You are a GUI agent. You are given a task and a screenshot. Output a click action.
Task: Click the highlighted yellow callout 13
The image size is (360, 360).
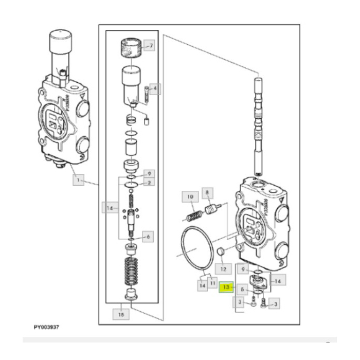tap(226, 289)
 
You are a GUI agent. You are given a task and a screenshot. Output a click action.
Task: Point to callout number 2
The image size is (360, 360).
tap(149, 182)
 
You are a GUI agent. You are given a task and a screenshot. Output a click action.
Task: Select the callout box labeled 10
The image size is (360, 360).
tap(190, 196)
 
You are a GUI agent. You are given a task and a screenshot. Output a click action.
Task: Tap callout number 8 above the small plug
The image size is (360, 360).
tap(207, 194)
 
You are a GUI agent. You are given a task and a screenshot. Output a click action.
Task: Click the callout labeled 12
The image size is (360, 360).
tap(222, 268)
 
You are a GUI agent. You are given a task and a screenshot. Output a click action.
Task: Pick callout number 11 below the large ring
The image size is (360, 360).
tap(211, 283)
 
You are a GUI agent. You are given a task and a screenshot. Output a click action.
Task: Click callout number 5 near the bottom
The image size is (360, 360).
tap(241, 289)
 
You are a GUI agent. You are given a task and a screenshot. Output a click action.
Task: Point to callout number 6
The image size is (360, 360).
tap(148, 237)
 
